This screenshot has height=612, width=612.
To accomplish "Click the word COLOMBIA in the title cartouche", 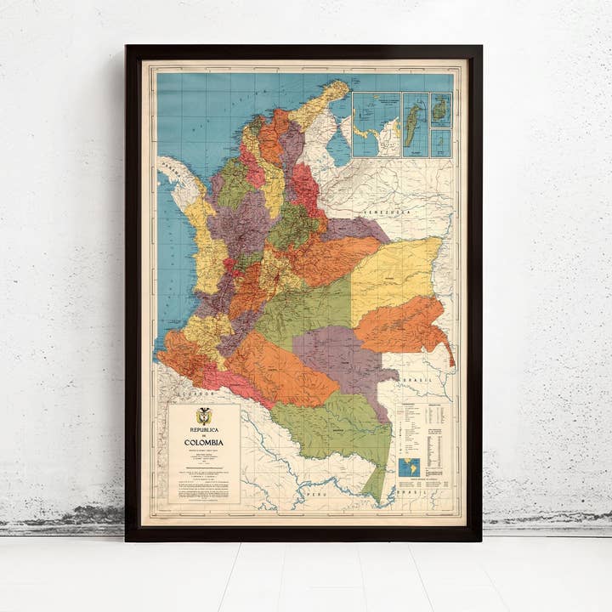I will coord(204,443).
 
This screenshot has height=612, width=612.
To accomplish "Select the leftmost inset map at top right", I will coord(376,125).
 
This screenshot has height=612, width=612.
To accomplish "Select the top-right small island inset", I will coord(441,110).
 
